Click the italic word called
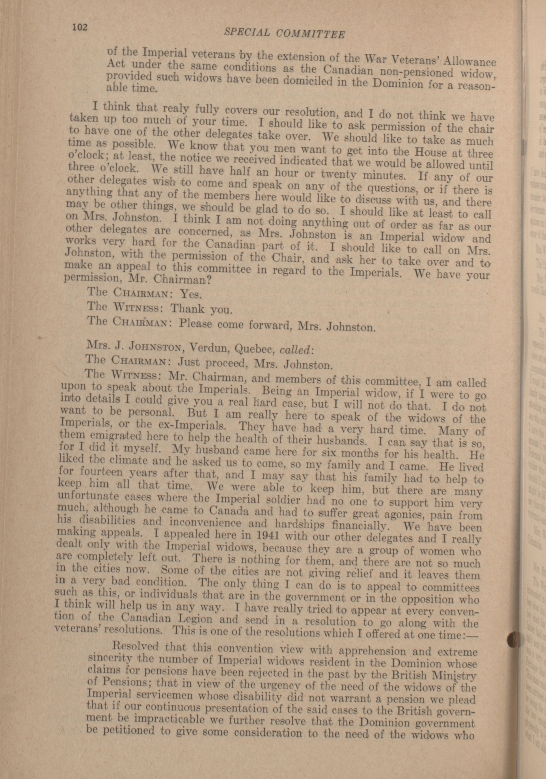click(x=293, y=350)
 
